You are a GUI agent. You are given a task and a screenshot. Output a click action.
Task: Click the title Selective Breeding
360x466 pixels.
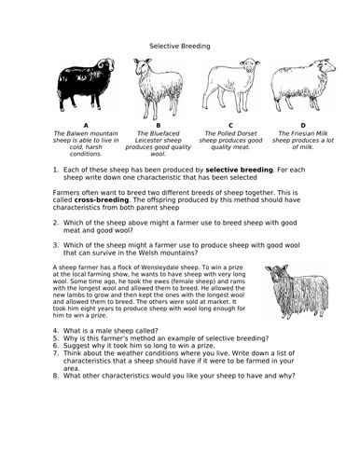[x=180, y=44]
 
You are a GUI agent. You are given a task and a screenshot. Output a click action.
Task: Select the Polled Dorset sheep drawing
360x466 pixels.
[x=228, y=89]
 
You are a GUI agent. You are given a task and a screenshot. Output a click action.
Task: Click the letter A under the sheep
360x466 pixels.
[x=86, y=124]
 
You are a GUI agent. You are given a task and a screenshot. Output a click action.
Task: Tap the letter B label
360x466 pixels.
[x=158, y=124]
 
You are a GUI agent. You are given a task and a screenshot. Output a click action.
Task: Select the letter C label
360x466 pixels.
[x=229, y=124]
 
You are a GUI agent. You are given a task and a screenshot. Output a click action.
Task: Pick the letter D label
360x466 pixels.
[x=301, y=124]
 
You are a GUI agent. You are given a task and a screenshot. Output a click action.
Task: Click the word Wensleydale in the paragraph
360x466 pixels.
[x=159, y=268]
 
